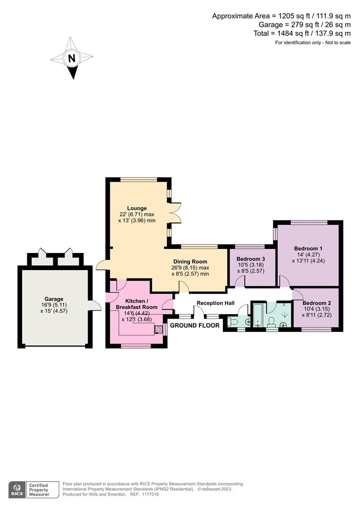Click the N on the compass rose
[x=72, y=59]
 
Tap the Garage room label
[x=54, y=298]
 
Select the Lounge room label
[x=137, y=208]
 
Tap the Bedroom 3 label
[x=251, y=259]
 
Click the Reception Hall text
[x=216, y=303]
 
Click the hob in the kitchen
[x=158, y=329]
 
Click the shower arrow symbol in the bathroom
[x=285, y=314]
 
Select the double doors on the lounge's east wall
[x=175, y=213]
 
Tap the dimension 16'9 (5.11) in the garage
[x=53, y=304]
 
